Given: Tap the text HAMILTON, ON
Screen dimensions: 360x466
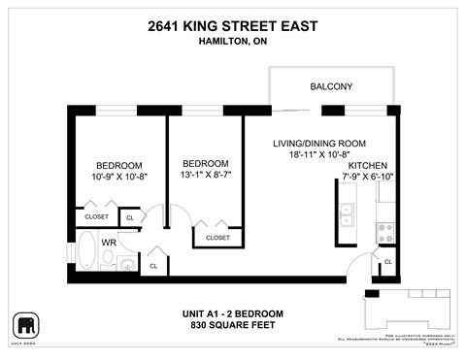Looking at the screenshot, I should (x=232, y=42).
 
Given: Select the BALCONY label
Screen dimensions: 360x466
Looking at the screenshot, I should (x=331, y=87).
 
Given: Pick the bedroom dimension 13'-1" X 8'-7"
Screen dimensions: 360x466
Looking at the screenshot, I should (x=206, y=175).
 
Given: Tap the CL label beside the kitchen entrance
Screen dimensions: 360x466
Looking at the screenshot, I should (x=387, y=262).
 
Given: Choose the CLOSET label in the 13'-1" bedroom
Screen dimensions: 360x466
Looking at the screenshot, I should (x=217, y=237).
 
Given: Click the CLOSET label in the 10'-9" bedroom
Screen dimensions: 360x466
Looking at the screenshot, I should (x=96, y=217).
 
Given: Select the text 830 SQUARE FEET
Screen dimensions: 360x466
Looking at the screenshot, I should (x=232, y=324).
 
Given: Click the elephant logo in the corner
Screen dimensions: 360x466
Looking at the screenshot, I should (x=24, y=324).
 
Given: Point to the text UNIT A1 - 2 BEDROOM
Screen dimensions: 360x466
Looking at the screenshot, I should (x=232, y=312).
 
